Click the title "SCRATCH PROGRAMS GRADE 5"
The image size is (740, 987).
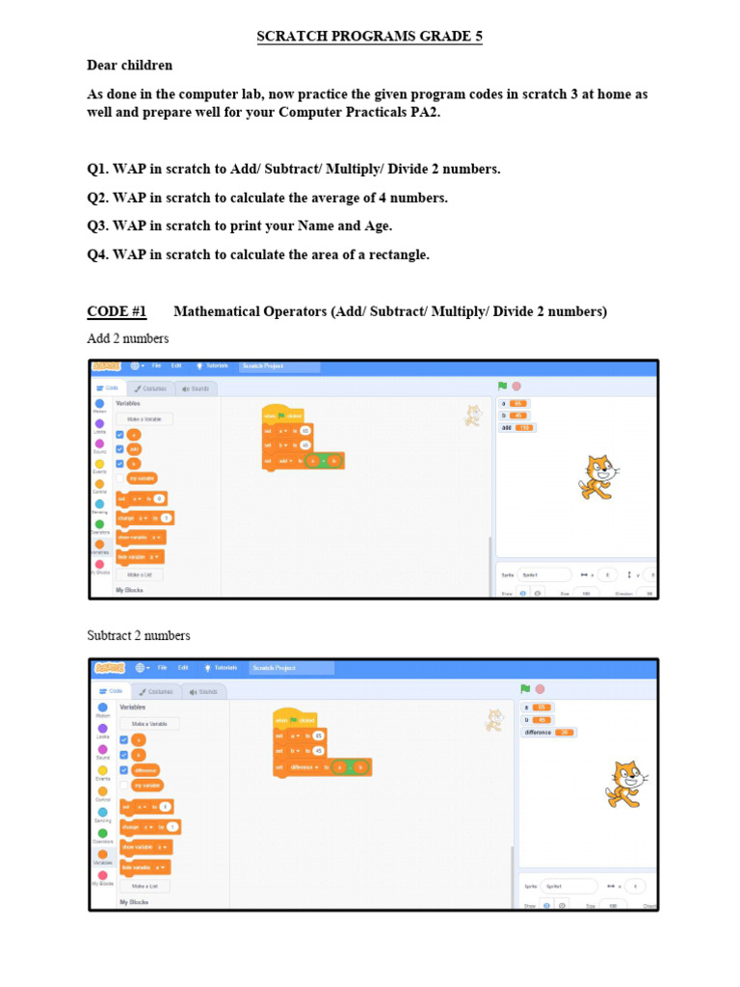369,37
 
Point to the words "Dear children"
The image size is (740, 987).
130,66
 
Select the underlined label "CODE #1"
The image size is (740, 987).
117,311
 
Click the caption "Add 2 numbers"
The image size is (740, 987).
128,338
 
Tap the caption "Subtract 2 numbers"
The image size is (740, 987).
139,636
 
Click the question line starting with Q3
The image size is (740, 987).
240,226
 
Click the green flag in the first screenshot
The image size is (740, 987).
502,387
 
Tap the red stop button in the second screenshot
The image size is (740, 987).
540,688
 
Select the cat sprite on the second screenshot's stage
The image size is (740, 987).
623,783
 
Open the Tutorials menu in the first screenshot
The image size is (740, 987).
213,366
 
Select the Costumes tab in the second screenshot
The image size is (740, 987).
155,691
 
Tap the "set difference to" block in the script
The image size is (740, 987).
299,768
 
